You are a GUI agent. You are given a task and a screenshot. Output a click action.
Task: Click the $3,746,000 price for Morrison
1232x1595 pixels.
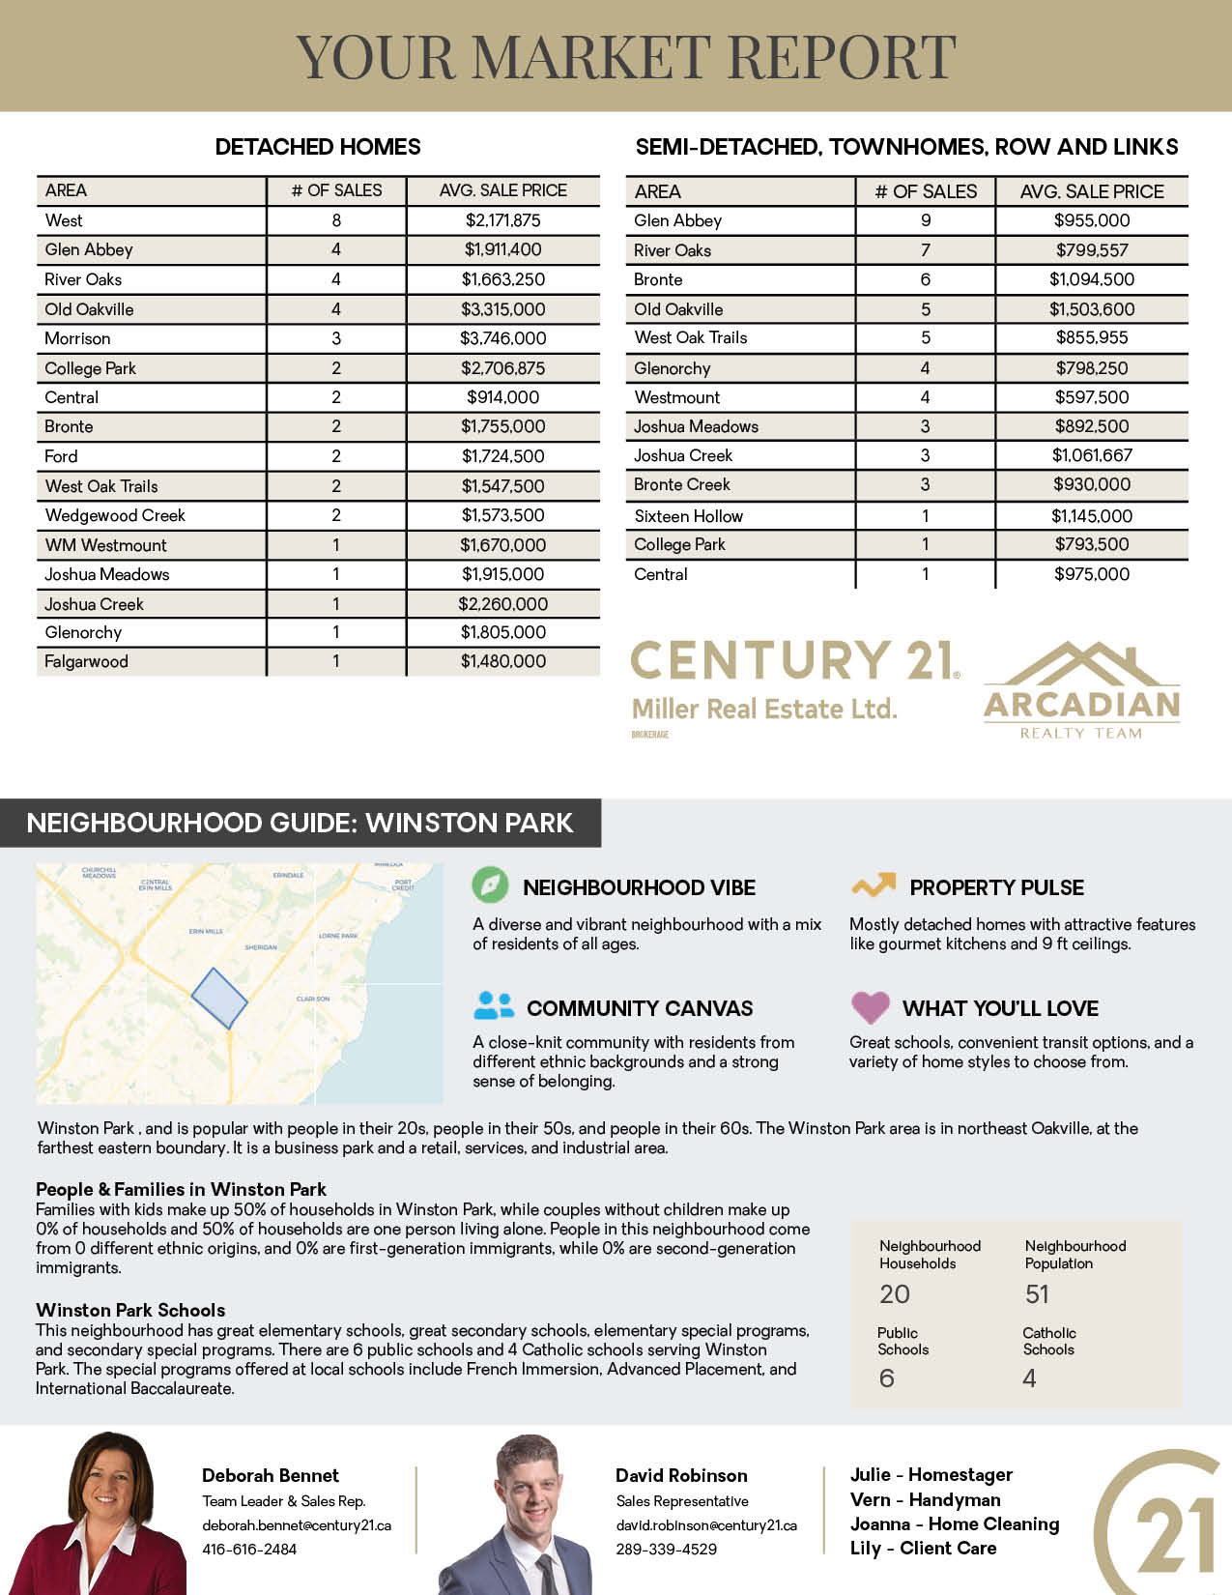coord(502,338)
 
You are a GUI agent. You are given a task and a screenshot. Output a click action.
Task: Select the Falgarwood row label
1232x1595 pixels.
coord(86,662)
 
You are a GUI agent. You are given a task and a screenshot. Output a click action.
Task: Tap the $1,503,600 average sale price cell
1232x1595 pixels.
coord(1092,309)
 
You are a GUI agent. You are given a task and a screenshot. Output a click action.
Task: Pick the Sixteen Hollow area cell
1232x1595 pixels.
coord(688,516)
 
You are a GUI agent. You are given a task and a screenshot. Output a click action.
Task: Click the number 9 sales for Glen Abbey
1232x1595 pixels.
coord(926,220)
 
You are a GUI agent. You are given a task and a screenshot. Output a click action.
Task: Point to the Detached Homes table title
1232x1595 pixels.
coord(318,147)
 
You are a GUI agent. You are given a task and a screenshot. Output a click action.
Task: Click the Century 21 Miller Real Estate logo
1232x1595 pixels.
coord(794,681)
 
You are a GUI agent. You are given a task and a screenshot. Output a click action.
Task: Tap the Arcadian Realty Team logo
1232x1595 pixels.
coord(1081,690)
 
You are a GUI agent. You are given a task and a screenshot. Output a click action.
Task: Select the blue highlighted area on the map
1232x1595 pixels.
coord(219,999)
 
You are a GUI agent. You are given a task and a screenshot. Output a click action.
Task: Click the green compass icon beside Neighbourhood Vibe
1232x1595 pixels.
coord(490,885)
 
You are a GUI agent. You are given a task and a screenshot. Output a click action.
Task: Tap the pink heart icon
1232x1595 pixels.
coord(870,1007)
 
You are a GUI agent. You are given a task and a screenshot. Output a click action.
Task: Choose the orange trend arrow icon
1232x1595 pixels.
coord(873,884)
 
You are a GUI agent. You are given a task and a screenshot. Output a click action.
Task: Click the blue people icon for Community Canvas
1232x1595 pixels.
coord(494,1006)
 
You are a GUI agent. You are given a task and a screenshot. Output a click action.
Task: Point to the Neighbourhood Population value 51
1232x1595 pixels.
coord(1037,1294)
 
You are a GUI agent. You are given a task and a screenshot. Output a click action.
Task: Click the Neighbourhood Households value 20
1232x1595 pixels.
coord(894,1294)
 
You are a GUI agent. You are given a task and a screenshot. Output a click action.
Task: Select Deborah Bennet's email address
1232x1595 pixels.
coord(297,1525)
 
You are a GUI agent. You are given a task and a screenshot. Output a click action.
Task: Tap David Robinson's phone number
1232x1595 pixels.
coord(667,1549)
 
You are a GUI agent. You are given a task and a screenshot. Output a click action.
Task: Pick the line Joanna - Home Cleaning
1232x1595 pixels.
coord(954,1524)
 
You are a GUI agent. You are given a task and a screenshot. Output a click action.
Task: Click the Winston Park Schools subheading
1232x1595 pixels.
coord(130,1310)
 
